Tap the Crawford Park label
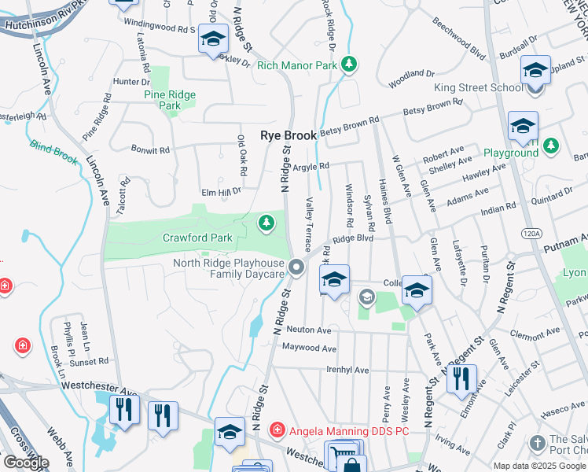(197, 238)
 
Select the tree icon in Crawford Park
(267, 223)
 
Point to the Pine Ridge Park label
(170, 100)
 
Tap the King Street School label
(478, 87)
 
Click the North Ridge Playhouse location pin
(296, 267)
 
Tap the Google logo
(26, 463)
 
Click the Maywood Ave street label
(309, 348)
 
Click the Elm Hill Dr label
(221, 190)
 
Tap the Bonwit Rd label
(150, 149)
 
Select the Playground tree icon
(552, 145)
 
